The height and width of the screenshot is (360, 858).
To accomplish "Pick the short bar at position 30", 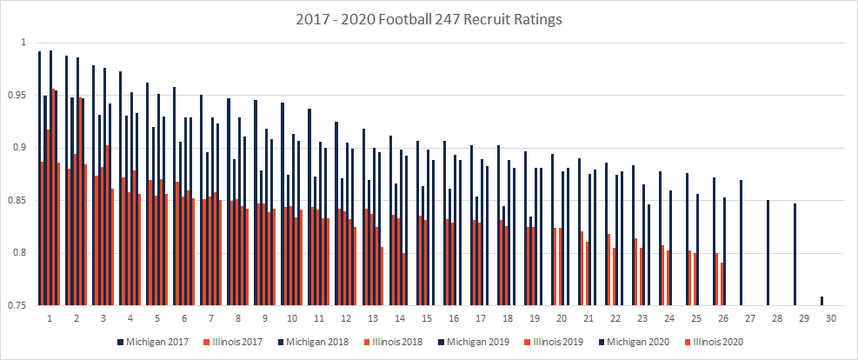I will [x=821, y=301].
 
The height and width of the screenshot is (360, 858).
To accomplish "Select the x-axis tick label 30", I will [x=831, y=319].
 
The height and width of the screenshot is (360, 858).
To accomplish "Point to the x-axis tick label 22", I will [x=615, y=319].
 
